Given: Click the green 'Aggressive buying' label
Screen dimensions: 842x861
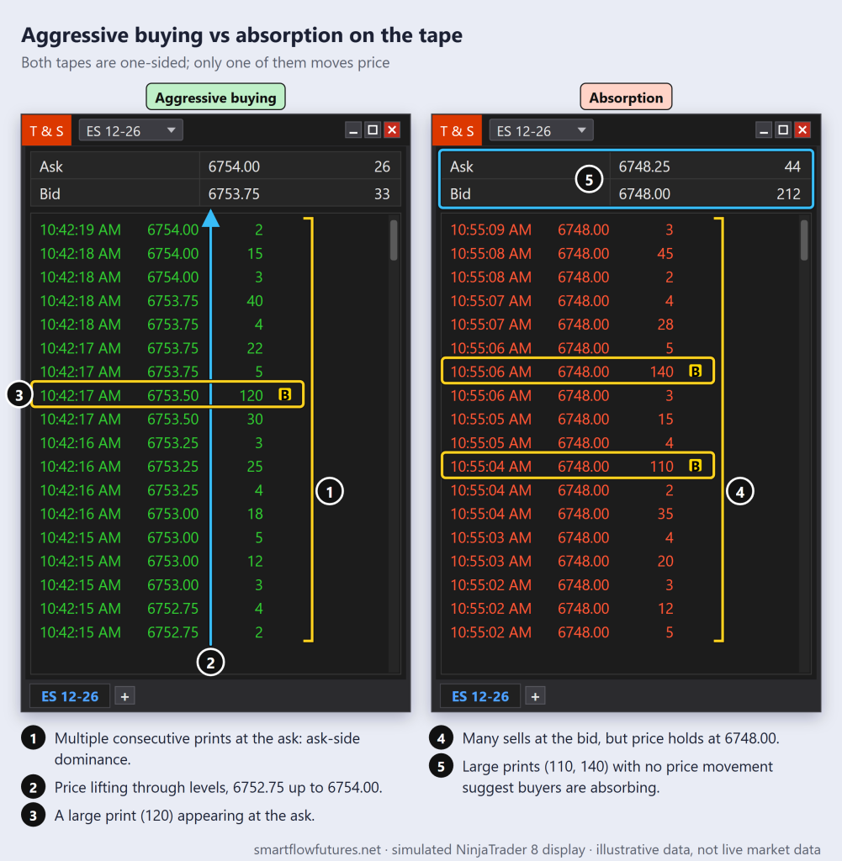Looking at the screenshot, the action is (x=215, y=98).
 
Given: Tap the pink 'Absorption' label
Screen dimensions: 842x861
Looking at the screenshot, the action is (x=626, y=98).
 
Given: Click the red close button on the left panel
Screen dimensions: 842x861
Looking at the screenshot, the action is (x=392, y=130).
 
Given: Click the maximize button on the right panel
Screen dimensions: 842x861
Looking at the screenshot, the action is (x=783, y=130).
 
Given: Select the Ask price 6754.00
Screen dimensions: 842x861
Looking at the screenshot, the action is (x=234, y=166).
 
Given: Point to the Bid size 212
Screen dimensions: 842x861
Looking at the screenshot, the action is (x=788, y=194).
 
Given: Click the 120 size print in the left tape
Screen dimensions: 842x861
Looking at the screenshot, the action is (x=251, y=395).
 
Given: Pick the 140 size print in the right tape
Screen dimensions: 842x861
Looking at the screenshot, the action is (x=661, y=372).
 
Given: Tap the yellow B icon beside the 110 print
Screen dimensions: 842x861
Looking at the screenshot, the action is (x=695, y=466).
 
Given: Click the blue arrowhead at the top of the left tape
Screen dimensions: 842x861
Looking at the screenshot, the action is (x=211, y=218).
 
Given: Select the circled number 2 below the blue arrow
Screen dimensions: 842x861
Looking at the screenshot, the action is (x=210, y=663).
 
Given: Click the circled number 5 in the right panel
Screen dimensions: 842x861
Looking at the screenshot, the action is (x=589, y=180).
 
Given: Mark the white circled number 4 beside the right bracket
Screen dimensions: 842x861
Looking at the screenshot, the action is (x=740, y=491).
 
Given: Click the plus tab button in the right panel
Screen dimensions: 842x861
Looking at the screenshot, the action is (x=535, y=696).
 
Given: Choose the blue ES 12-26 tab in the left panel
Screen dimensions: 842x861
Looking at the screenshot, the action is (x=70, y=696).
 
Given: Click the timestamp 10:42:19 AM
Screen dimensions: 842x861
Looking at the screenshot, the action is (x=80, y=230).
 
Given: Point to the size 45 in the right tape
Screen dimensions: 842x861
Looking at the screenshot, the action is (x=665, y=254).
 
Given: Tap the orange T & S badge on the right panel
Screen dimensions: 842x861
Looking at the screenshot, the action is (x=457, y=130).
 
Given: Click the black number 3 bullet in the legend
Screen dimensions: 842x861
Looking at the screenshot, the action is (x=33, y=816).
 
